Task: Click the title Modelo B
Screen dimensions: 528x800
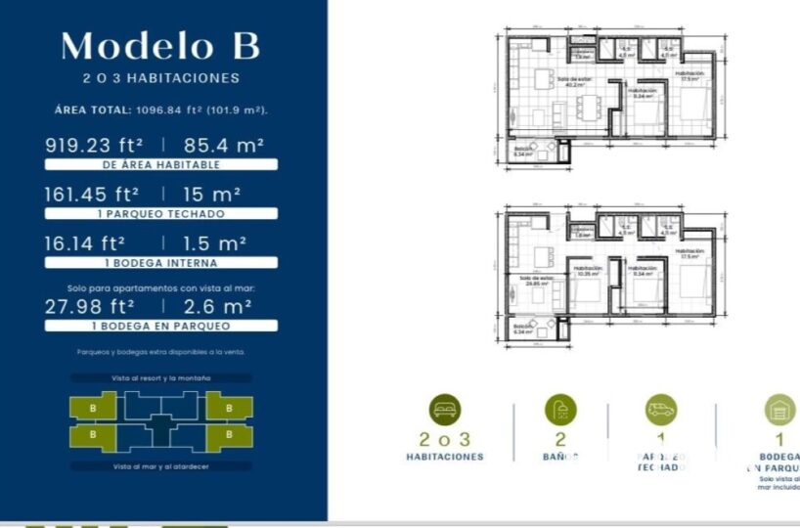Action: pos(160,46)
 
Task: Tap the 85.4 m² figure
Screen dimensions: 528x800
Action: pos(224,145)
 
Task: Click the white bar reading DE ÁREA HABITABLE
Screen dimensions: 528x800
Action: pos(161,165)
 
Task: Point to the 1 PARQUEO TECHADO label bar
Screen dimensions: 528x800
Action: pos(161,213)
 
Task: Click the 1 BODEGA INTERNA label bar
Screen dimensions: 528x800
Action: pos(161,263)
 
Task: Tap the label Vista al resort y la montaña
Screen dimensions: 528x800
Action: pos(161,377)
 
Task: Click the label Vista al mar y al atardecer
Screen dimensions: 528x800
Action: pos(161,466)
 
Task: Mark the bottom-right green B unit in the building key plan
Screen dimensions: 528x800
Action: pos(229,433)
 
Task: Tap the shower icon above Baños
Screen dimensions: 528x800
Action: pos(560,409)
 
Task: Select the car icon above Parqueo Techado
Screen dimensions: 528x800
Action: pos(661,409)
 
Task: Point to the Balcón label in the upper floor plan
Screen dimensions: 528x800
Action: pos(523,151)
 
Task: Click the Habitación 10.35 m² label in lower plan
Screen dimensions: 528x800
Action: pos(588,271)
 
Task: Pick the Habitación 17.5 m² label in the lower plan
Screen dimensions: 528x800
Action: pos(690,253)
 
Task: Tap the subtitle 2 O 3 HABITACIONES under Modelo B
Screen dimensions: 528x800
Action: pos(161,78)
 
